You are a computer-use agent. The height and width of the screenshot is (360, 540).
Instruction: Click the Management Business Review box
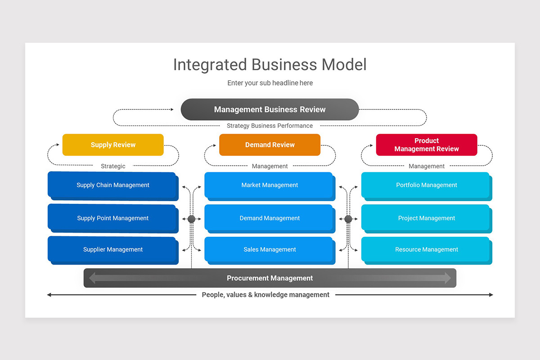click(270, 109)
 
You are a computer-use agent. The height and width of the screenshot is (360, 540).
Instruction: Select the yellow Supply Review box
click(113, 145)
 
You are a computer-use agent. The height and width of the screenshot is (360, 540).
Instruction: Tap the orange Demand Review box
click(270, 145)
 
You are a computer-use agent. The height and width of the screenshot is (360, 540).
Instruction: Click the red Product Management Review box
click(426, 145)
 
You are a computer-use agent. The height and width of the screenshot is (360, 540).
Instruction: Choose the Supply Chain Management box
click(112, 185)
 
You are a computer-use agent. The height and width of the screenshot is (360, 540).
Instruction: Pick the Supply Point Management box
click(112, 218)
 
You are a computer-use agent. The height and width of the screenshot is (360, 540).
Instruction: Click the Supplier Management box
click(112, 249)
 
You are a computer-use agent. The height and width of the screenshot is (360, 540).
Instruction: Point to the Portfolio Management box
click(426, 185)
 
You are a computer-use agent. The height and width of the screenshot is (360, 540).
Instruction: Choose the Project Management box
click(426, 218)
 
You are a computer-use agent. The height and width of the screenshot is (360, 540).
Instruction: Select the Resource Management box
click(426, 249)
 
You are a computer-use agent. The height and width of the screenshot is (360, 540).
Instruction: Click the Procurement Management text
click(270, 278)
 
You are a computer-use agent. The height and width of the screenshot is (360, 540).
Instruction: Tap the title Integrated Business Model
click(270, 64)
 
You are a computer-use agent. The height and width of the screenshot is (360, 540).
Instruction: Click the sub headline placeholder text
click(270, 83)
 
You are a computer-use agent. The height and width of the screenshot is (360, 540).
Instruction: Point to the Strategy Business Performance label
click(270, 126)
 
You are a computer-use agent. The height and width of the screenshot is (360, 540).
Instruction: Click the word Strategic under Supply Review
click(113, 166)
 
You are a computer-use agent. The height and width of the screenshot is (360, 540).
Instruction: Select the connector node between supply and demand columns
click(191, 219)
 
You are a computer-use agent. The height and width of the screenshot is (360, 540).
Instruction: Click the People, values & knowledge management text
click(265, 295)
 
